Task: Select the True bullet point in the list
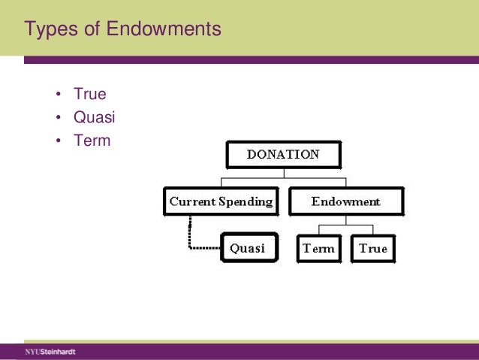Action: (x=89, y=95)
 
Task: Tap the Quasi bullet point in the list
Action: (x=94, y=117)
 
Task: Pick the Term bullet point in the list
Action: (x=92, y=140)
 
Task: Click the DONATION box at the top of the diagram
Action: (x=283, y=155)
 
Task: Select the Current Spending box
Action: (x=221, y=201)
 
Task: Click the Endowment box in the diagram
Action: (x=346, y=201)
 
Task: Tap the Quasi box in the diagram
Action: (x=247, y=248)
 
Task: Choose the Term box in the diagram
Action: (x=318, y=249)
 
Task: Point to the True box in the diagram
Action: (x=373, y=249)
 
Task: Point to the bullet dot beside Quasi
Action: (x=58, y=118)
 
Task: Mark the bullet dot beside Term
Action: (x=58, y=141)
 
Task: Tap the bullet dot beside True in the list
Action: (x=58, y=95)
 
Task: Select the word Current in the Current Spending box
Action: (x=192, y=201)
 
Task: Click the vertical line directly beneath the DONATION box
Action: (x=283, y=173)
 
